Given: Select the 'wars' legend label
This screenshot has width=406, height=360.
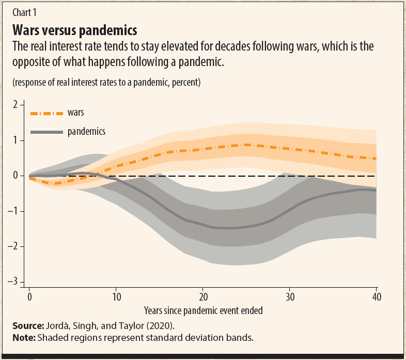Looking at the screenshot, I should click(75, 113).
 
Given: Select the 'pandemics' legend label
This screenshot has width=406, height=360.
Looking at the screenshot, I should click(86, 132).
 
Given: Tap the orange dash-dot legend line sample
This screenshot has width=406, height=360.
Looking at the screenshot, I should click(45, 113).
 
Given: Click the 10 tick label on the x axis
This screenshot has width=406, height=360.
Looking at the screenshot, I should click(116, 297).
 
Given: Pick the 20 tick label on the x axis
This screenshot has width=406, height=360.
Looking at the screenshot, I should click(203, 297).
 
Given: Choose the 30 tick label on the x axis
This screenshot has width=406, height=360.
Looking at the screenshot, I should click(290, 297).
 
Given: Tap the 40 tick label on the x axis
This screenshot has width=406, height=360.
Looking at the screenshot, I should click(377, 297).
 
